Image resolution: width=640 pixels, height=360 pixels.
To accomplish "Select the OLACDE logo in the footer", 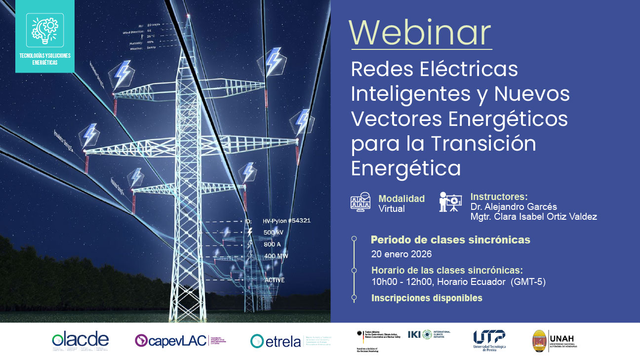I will (x=80, y=340).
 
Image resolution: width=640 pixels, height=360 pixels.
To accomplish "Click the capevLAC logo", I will (x=172, y=340).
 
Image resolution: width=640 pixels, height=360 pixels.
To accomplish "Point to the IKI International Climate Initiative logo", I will (x=429, y=334).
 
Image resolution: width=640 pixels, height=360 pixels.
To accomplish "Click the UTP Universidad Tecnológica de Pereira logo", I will (x=489, y=340).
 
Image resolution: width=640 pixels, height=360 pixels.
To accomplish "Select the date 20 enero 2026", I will (x=401, y=254).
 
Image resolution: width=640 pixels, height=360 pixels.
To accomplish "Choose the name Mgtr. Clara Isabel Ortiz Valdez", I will (x=533, y=217).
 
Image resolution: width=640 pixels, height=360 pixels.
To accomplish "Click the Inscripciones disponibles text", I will (x=427, y=298).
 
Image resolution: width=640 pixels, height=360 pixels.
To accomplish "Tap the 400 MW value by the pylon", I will (x=276, y=256).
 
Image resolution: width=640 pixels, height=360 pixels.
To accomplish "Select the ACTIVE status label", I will (x=275, y=280).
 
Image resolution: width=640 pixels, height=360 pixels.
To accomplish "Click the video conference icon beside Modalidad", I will (x=360, y=202).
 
